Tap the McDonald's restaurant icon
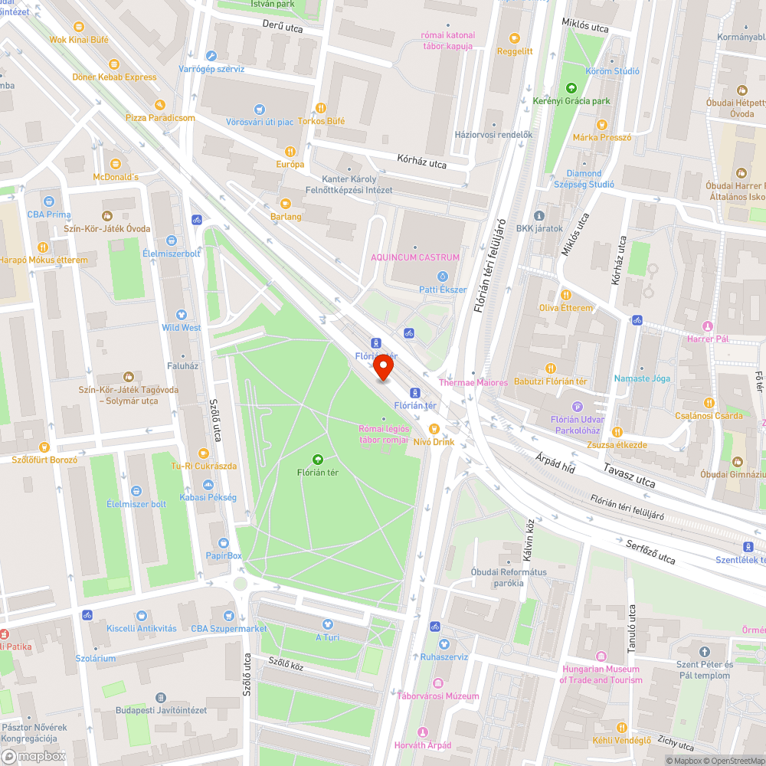[115, 163]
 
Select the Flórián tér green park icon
[317, 459]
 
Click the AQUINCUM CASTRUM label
[415, 257]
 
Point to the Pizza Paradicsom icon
[159, 104]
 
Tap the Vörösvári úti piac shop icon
[260, 109]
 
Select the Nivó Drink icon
[434, 429]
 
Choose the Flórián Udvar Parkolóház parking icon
[578, 406]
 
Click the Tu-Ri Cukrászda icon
[203, 453]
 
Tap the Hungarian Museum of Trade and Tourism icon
[601, 656]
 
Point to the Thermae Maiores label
[473, 382]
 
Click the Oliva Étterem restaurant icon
[565, 294]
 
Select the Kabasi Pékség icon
[208, 484]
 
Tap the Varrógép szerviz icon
[211, 55]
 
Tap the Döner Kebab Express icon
[113, 64]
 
